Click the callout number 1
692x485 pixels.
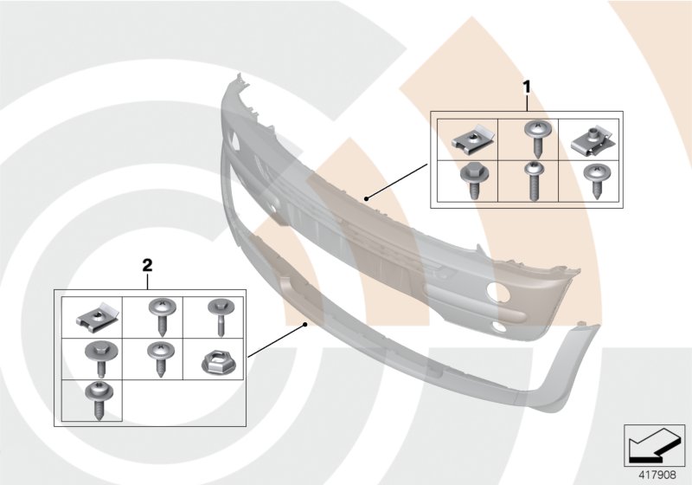pyautogui.click(x=526, y=87)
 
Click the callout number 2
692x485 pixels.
pyautogui.click(x=147, y=266)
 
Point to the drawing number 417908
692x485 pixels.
pyautogui.click(x=657, y=475)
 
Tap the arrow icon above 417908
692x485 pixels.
pyautogui.click(x=654, y=445)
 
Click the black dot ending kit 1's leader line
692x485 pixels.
pyautogui.click(x=366, y=199)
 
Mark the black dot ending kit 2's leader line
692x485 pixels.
pyautogui.click(x=304, y=325)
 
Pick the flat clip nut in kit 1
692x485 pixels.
pyautogui.click(x=468, y=141)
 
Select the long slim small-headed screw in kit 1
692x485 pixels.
pyautogui.click(x=532, y=181)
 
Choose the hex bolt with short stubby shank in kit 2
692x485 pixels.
pyautogui.click(x=101, y=358)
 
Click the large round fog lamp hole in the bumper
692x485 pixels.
pyautogui.click(x=498, y=292)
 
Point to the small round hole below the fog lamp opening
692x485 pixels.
pyautogui.click(x=500, y=327)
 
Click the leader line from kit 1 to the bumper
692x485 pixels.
pyautogui.click(x=397, y=182)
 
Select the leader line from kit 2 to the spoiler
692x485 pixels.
pyautogui.click(x=276, y=340)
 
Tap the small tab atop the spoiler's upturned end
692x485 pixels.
pyautogui.click(x=581, y=323)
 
